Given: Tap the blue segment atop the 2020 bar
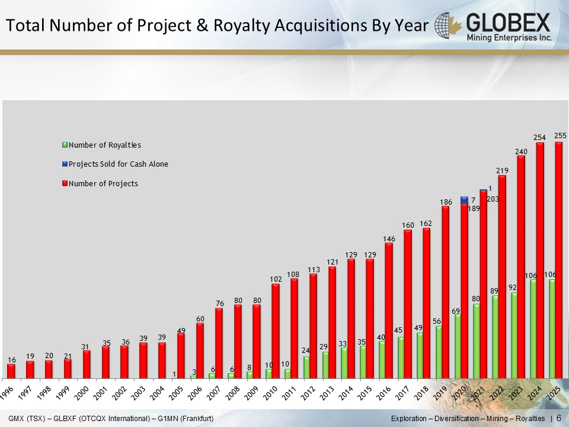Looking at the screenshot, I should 464,200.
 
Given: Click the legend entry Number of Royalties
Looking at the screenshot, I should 104,145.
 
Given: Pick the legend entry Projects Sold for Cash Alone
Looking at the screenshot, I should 118,164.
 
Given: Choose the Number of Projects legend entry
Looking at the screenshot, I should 103,184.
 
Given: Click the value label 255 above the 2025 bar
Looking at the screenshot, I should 560,136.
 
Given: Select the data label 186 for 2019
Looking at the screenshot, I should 446,202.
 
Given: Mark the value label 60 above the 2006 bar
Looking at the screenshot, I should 200,318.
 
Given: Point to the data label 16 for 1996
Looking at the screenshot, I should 12,360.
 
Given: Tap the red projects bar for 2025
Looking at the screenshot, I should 558,208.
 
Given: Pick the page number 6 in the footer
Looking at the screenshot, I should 558,419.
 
